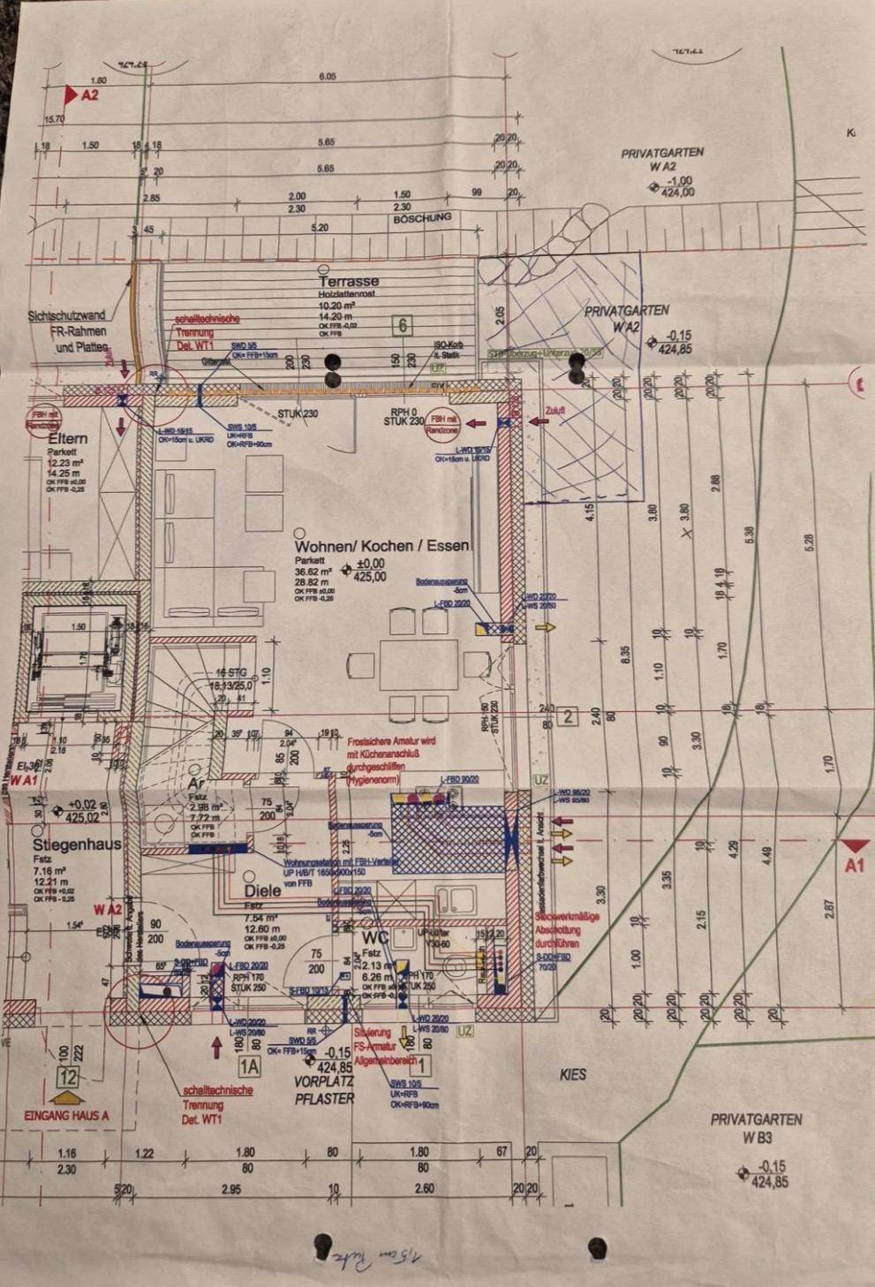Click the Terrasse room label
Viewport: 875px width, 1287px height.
tap(349, 282)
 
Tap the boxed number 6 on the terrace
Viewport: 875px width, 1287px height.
tap(403, 326)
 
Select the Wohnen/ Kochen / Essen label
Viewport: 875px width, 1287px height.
tap(383, 546)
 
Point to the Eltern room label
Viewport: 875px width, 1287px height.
tap(68, 439)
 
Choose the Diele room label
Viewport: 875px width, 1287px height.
tap(262, 890)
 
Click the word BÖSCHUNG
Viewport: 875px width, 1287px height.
tap(422, 217)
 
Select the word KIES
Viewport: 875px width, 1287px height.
tap(573, 1075)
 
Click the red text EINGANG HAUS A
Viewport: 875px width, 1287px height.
tap(66, 1116)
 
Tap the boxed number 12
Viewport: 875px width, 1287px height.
tap(68, 1077)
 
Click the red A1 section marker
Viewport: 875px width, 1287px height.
tap(854, 866)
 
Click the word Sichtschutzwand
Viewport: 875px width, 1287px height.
tap(66, 314)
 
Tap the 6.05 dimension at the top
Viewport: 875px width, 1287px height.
tap(327, 77)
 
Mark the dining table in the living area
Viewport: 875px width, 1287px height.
tap(419, 664)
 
